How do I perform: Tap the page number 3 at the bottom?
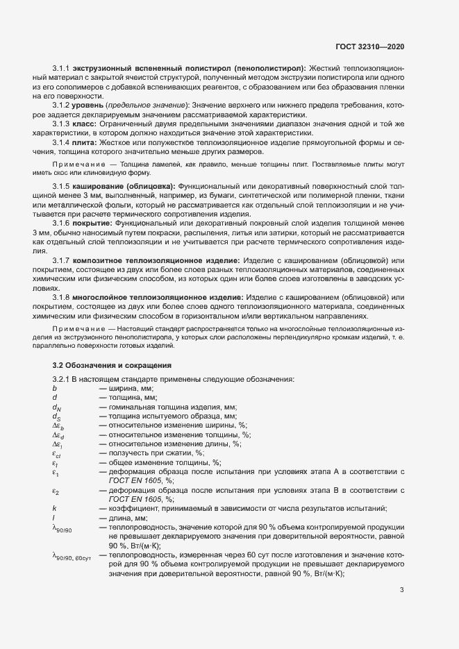coord(402,591)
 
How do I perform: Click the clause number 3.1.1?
coord(62,69)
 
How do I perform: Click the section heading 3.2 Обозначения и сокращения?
coord(112,365)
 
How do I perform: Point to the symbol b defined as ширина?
coord(54,389)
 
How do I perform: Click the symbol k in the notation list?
coord(54,508)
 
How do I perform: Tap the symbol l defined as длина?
coord(53,518)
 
